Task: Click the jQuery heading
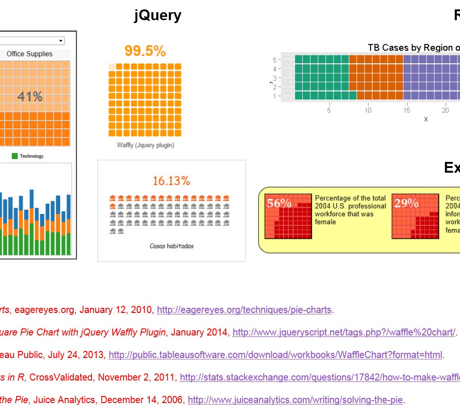(x=158, y=15)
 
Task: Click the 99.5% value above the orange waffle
(x=145, y=51)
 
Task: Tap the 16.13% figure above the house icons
(x=171, y=181)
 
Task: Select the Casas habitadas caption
(x=171, y=246)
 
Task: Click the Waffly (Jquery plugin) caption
(x=146, y=145)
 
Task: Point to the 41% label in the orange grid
(x=30, y=97)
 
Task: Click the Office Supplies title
(x=30, y=54)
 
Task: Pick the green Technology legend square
(x=15, y=156)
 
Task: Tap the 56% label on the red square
(x=279, y=203)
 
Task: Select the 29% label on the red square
(x=406, y=203)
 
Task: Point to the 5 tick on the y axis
(x=275, y=60)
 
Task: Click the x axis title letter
(x=426, y=119)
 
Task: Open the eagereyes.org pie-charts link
(x=244, y=310)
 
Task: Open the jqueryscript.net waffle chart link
(x=344, y=332)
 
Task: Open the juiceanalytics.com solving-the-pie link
(x=295, y=400)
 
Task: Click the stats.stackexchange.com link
(x=320, y=377)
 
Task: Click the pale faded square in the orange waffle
(x=111, y=67)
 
